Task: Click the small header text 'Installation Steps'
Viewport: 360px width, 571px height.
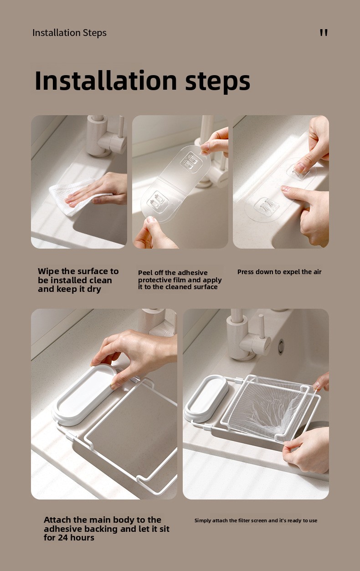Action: click(69, 33)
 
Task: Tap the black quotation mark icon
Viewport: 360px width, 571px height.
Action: click(324, 33)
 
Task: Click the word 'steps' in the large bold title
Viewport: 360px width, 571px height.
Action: click(218, 81)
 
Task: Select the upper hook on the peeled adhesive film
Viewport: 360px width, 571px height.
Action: click(191, 162)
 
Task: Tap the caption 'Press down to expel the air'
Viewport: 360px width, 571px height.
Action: click(279, 272)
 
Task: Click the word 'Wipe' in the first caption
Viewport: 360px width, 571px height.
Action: click(49, 271)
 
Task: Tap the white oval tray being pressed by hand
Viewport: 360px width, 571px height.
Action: click(84, 395)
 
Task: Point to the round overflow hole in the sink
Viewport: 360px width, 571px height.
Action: click(281, 347)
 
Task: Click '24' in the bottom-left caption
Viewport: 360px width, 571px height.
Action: click(63, 538)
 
